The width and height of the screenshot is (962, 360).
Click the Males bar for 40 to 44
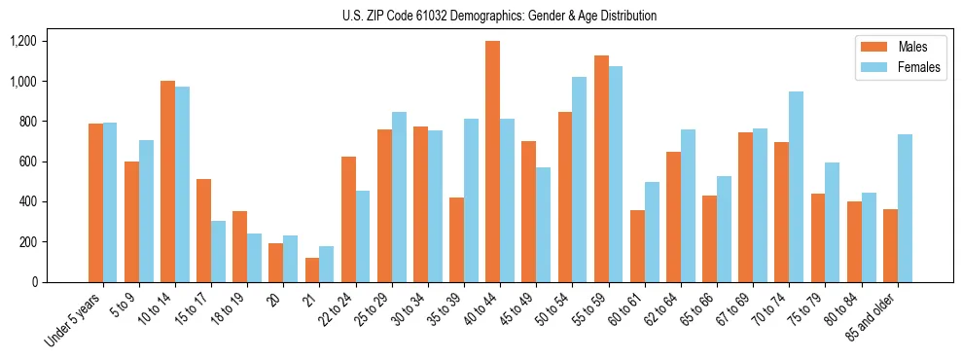492,162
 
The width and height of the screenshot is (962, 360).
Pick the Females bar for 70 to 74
797,187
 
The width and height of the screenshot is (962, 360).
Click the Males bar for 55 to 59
601,168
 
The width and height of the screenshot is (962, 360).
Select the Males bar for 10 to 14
167,181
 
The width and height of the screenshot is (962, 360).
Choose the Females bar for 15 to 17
218,251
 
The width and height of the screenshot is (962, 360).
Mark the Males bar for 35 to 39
456,239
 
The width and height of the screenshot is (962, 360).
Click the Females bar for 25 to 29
399,197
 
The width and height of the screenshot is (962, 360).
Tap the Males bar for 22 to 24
348,219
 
